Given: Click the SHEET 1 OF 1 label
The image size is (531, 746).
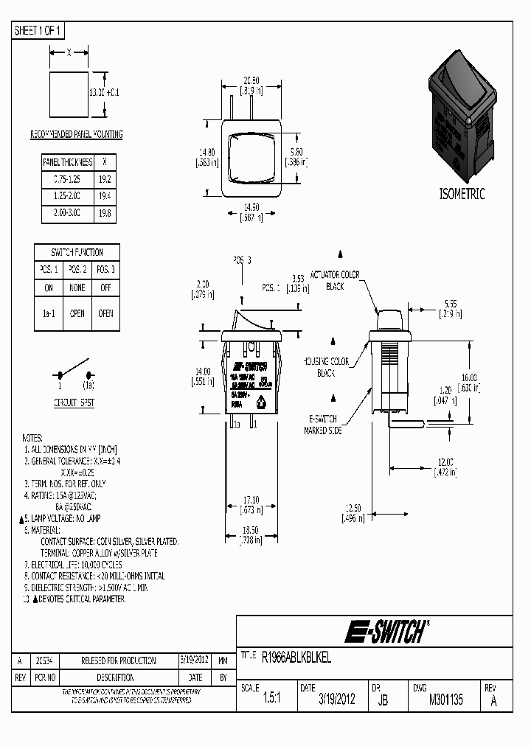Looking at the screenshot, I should pyautogui.click(x=39, y=31).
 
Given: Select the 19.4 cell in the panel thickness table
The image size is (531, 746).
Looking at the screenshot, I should pyautogui.click(x=105, y=195).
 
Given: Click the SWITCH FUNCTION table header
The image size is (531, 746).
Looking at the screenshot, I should pyautogui.click(x=77, y=252).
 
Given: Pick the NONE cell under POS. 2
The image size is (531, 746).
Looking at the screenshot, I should pyautogui.click(x=77, y=287).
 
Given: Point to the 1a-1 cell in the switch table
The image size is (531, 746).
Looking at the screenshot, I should pyautogui.click(x=49, y=313).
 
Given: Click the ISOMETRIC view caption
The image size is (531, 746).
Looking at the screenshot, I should pyautogui.click(x=462, y=195).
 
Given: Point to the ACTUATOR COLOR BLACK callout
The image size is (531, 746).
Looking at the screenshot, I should pyautogui.click(x=339, y=280).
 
